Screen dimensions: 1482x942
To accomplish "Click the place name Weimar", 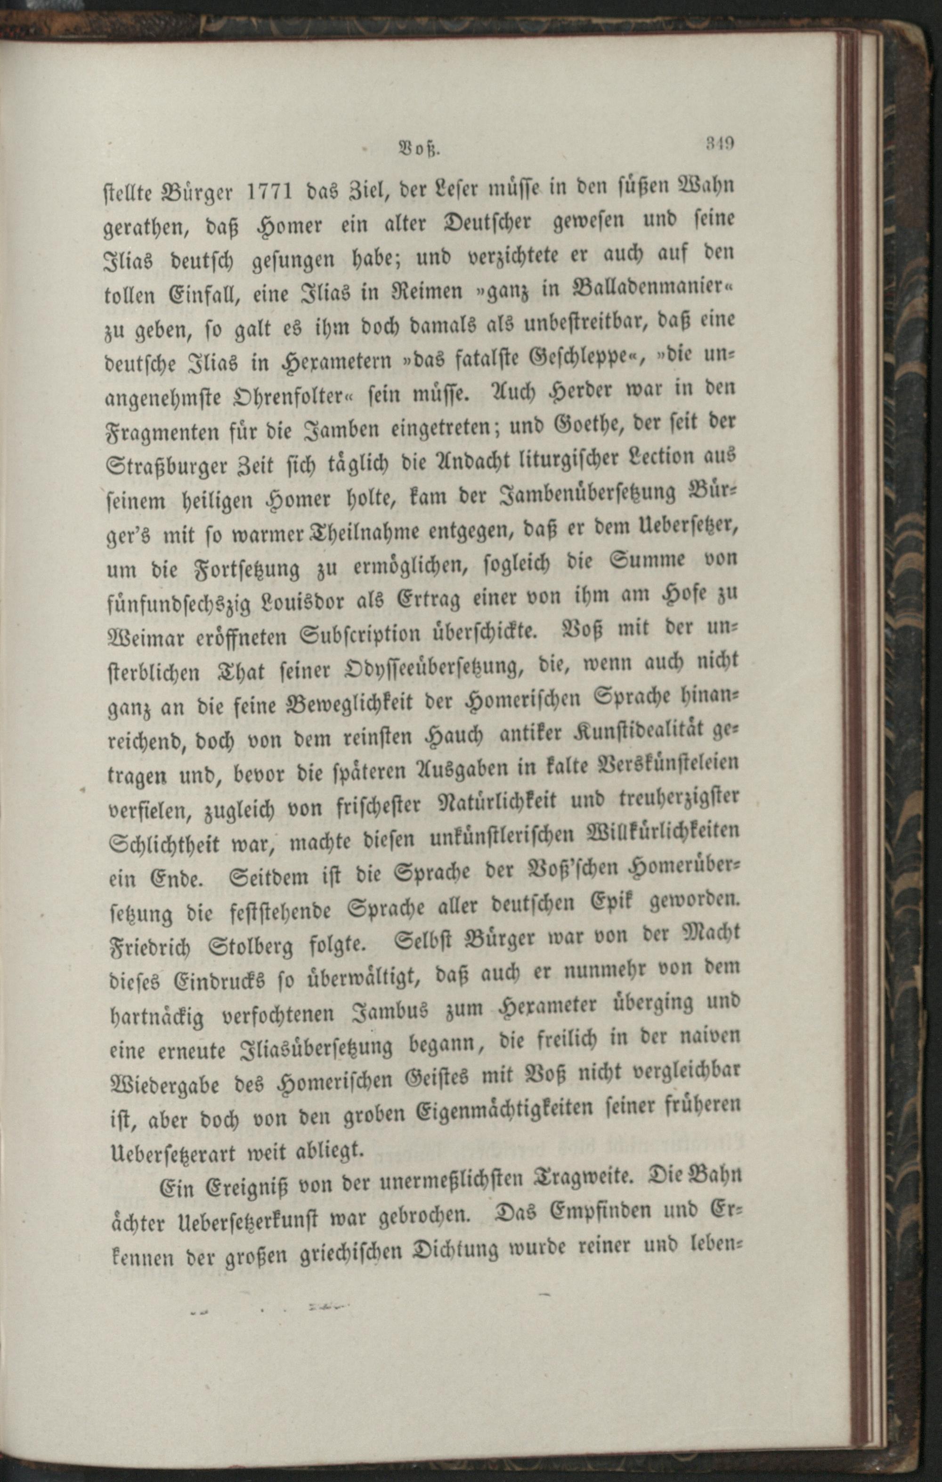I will click(x=147, y=638).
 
